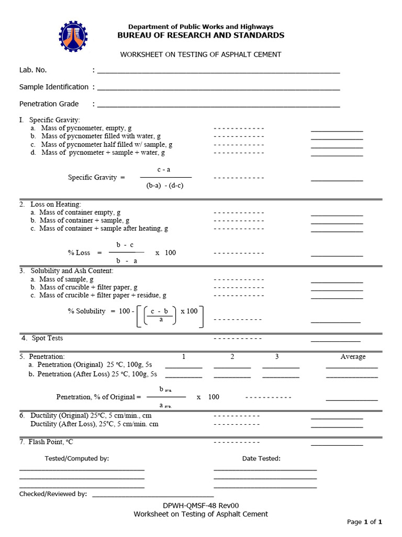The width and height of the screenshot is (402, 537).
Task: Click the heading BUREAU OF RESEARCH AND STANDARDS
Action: pyautogui.click(x=201, y=35)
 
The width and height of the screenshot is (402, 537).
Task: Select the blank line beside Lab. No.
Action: pyautogui.click(x=218, y=72)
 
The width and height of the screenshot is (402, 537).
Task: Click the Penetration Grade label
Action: pyautogui.click(x=49, y=104)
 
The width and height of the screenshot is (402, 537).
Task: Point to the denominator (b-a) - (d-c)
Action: pyautogui.click(x=165, y=186)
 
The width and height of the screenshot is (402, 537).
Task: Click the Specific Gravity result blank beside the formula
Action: pyautogui.click(x=337, y=180)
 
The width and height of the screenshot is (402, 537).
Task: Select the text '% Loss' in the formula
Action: pyautogui.click(x=79, y=253)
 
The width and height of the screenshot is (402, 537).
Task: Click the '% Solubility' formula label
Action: pyautogui.click(x=87, y=311)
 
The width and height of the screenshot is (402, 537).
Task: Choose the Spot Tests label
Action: pyautogui.click(x=47, y=338)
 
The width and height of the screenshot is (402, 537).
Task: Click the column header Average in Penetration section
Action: pyautogui.click(x=353, y=357)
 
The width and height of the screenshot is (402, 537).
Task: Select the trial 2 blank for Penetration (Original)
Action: pyautogui.click(x=232, y=367)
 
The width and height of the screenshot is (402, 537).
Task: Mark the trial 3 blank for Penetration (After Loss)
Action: pyautogui.click(x=281, y=377)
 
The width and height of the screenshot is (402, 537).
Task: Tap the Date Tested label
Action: pyautogui.click(x=261, y=458)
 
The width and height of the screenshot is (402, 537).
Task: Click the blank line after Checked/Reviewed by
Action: pyautogui.click(x=153, y=496)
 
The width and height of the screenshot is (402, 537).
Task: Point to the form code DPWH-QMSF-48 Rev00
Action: pyautogui.click(x=200, y=506)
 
